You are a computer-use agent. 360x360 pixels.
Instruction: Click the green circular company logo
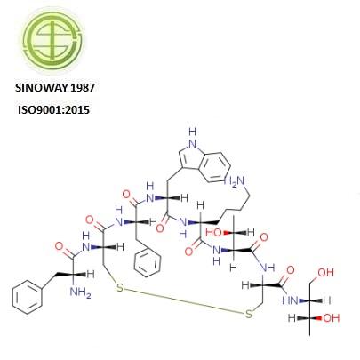click(x=53, y=41)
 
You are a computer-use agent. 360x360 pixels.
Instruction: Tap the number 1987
click(x=84, y=88)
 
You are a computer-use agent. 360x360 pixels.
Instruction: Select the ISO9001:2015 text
click(x=53, y=110)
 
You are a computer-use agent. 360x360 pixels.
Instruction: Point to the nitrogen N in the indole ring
click(x=193, y=144)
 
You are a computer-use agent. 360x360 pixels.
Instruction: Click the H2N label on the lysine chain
click(x=234, y=181)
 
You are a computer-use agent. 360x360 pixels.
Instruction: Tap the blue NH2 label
click(x=80, y=292)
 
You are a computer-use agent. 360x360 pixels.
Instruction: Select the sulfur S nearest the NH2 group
click(x=119, y=288)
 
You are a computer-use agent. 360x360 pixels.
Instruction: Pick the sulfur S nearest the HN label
click(x=249, y=314)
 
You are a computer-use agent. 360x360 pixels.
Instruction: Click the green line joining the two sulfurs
click(x=184, y=300)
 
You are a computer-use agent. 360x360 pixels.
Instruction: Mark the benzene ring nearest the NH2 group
click(x=28, y=297)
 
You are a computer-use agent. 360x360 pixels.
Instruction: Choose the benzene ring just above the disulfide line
click(x=148, y=262)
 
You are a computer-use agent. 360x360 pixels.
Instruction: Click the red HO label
click(x=213, y=233)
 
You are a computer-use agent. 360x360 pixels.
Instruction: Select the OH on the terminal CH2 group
click(x=325, y=272)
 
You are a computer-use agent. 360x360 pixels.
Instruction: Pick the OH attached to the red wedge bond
click(x=332, y=318)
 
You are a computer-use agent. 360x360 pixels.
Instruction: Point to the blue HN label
click(x=290, y=300)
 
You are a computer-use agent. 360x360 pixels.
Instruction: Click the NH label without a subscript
click(x=267, y=268)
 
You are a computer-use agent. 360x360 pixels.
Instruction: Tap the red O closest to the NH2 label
click(x=59, y=246)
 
